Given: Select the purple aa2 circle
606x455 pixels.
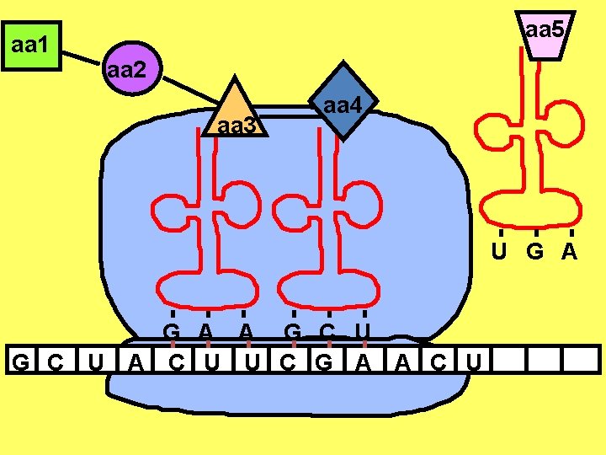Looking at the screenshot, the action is (127, 69).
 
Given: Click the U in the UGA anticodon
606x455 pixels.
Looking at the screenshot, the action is (499, 252).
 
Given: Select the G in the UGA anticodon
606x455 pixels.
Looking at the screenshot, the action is (534, 252).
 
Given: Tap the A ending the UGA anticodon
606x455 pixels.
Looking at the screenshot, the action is (570, 252).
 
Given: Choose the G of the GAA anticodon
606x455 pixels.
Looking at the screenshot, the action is (172, 331).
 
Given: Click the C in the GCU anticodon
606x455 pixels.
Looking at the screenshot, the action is (328, 331).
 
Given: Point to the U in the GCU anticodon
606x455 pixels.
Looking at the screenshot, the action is (363, 331).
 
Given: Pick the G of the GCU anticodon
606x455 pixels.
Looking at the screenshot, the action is (293, 331).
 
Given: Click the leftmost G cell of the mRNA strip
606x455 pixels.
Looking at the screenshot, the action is (24, 362).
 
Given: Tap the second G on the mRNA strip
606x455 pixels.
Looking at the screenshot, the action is (322, 362).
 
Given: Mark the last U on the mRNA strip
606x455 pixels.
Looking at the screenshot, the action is (474, 362).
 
